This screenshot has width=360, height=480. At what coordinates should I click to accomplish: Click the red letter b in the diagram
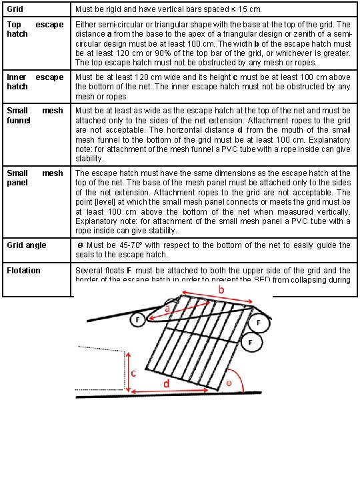pyautogui.click(x=219, y=291)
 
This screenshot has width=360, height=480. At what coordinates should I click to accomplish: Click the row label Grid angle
pyautogui.click(x=27, y=245)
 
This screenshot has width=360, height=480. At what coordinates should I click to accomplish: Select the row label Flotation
pyautogui.click(x=23, y=271)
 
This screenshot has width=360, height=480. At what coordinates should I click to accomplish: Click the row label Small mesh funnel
pyautogui.click(x=35, y=115)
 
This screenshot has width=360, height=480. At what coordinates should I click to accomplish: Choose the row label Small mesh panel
pyautogui.click(x=35, y=177)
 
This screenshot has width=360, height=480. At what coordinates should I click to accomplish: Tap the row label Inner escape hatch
pyautogui.click(x=35, y=82)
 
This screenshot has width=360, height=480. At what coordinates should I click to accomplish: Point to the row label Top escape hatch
pyautogui.click(x=35, y=29)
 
